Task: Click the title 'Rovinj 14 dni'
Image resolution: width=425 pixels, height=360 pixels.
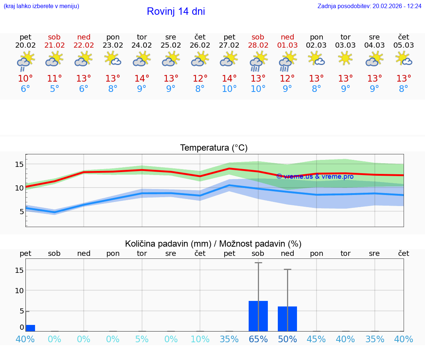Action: point(176,11)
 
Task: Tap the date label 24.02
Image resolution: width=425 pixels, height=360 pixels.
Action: point(142,45)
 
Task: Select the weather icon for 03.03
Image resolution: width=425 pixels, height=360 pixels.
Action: point(345,58)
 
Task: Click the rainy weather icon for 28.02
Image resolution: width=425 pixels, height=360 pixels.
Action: point(258,61)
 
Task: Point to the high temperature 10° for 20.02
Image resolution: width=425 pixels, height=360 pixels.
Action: point(25,79)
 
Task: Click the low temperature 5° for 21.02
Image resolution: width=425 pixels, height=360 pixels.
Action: point(54,89)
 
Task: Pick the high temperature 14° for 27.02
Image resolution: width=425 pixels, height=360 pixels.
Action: point(229,79)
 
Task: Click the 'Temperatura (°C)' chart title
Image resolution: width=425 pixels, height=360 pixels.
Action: point(214,148)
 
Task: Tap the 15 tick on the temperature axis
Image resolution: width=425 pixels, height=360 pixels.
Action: point(19,164)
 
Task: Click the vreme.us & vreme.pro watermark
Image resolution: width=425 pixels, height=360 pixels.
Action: point(315,176)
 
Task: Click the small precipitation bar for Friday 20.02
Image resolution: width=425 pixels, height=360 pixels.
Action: point(30,328)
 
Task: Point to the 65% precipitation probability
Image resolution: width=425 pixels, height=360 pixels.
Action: point(258,339)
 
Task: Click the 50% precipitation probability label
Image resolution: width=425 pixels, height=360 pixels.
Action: point(287,339)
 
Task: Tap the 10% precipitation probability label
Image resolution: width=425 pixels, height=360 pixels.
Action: point(200,339)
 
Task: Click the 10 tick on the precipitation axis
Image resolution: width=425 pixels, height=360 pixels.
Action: point(19,290)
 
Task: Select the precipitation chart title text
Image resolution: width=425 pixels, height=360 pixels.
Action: point(213,244)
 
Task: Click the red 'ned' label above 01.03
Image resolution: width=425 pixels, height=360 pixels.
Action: point(287,37)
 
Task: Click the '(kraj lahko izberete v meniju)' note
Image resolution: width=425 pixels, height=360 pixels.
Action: point(41,6)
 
